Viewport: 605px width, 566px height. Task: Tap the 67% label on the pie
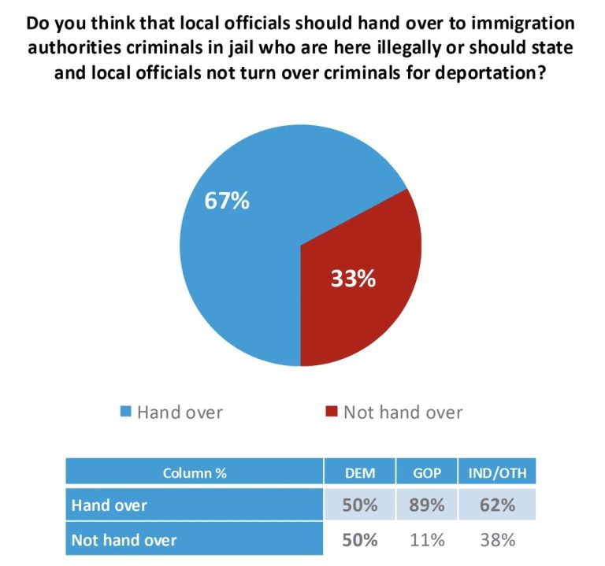click(x=227, y=202)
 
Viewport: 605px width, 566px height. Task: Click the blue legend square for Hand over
click(x=125, y=412)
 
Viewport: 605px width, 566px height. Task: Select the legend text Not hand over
click(x=403, y=412)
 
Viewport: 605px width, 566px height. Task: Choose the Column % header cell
click(x=195, y=473)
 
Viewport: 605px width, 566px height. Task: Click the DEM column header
click(x=359, y=473)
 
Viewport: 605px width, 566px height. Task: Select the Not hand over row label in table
click(x=124, y=540)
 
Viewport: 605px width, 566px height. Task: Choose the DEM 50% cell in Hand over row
click(x=359, y=505)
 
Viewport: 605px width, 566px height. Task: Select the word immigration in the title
click(x=527, y=22)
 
